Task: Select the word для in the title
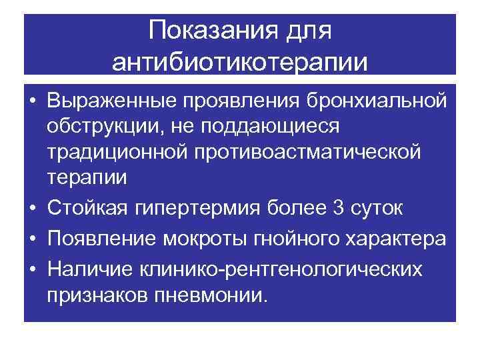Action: tap(309, 31)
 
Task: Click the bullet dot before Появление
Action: tap(32, 238)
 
